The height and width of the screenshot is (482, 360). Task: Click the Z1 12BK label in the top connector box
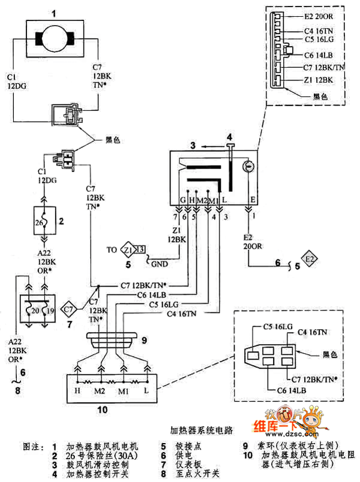[x=318, y=80]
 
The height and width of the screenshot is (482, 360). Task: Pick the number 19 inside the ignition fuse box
[x=51, y=311]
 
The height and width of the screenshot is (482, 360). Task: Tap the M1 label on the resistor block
[x=124, y=391]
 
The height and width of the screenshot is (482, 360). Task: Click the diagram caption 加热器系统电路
[x=202, y=430]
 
